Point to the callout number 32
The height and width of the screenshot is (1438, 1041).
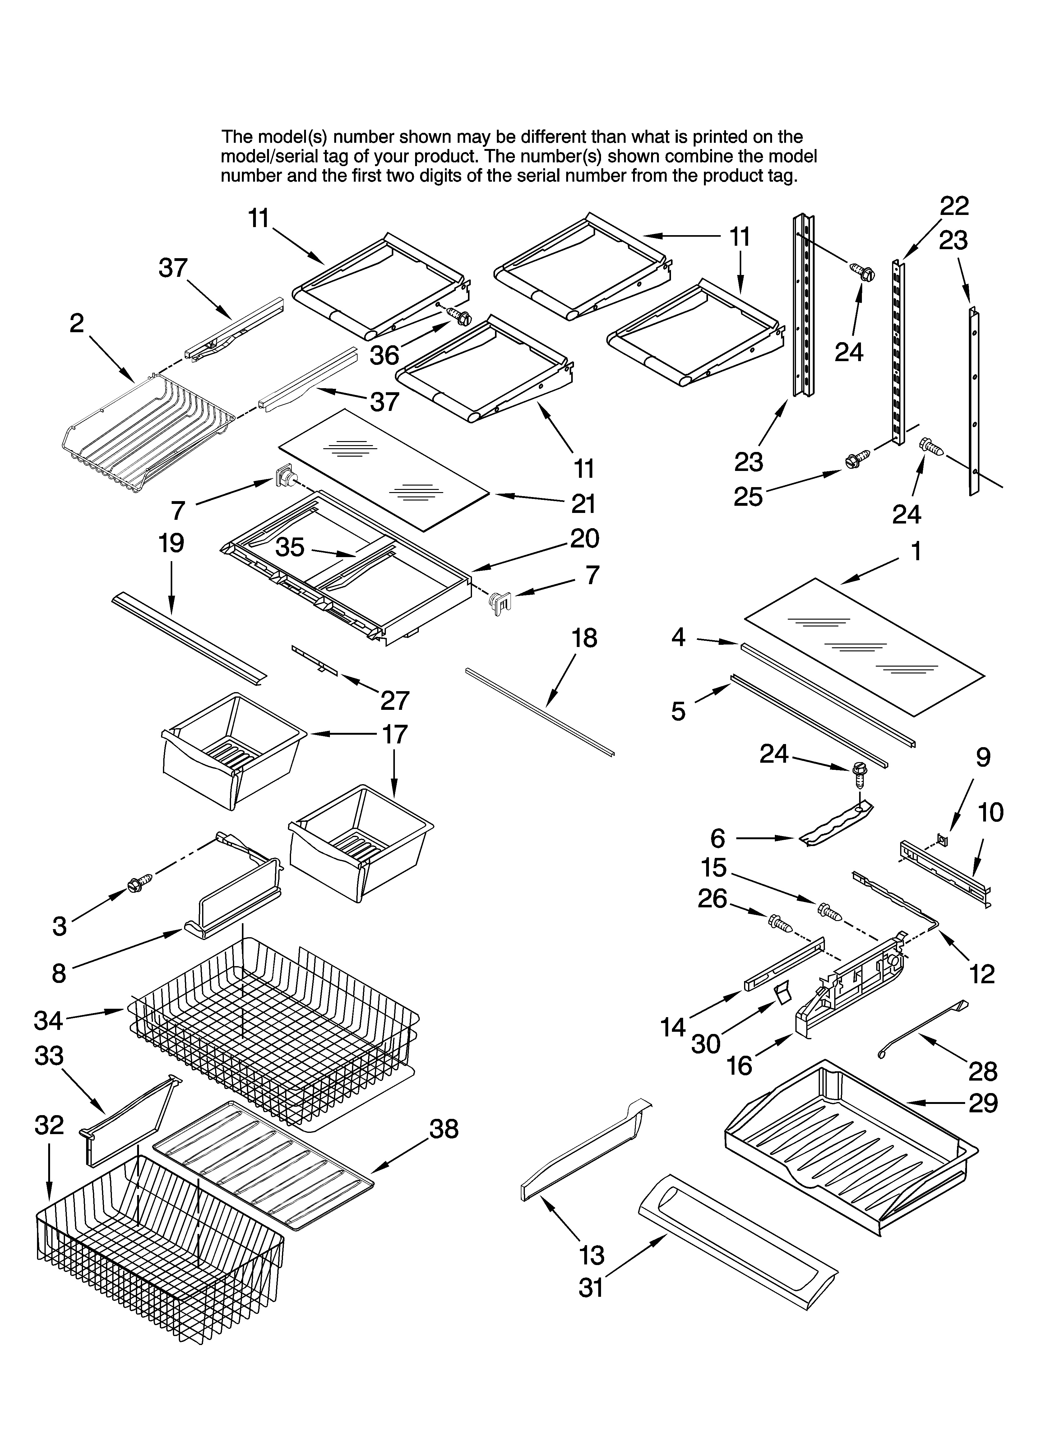[49, 1125]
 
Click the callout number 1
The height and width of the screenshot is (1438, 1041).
[915, 551]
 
